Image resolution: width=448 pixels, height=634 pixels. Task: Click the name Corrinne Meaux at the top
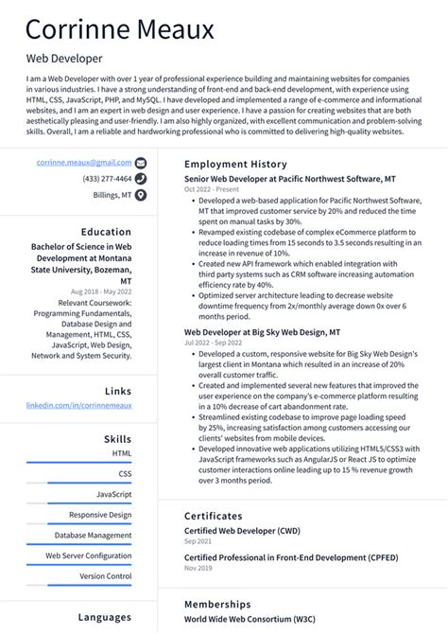pyautogui.click(x=120, y=29)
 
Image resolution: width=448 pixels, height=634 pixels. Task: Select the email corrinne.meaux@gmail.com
pyautogui.click(x=84, y=163)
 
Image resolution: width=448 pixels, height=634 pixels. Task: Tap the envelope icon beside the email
pyautogui.click(x=141, y=163)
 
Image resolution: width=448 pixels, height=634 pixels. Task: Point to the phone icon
pyautogui.click(x=141, y=179)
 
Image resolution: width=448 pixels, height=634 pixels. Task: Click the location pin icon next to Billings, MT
pyautogui.click(x=141, y=195)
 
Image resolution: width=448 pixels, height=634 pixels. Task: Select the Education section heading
pyautogui.click(x=106, y=232)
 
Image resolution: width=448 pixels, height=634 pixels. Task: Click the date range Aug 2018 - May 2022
pyautogui.click(x=100, y=291)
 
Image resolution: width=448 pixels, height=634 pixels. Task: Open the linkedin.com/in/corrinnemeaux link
pyautogui.click(x=78, y=405)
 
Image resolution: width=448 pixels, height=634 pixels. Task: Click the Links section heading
pyautogui.click(x=118, y=391)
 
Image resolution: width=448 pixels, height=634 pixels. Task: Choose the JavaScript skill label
pyautogui.click(x=113, y=494)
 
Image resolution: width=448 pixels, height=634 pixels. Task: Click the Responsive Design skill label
pyautogui.click(x=100, y=515)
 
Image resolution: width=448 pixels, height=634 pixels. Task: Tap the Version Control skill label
pyautogui.click(x=106, y=575)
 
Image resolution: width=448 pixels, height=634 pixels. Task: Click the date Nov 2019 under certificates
pyautogui.click(x=198, y=568)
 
